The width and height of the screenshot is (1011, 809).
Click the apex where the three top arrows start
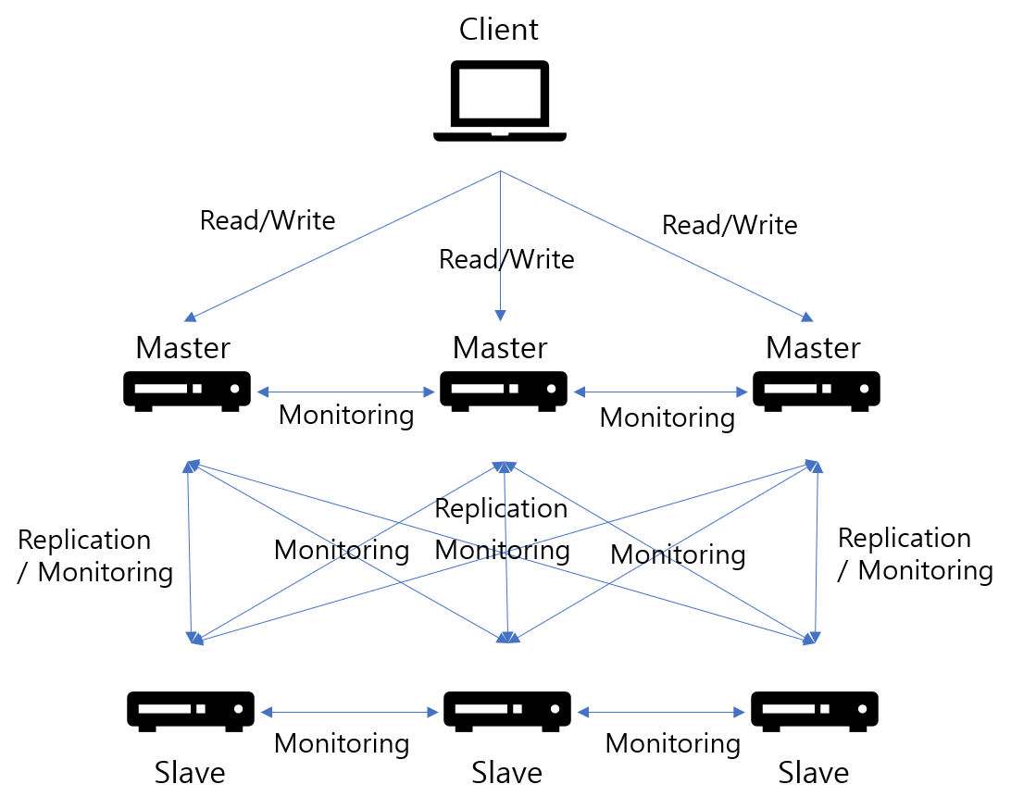pos(501,171)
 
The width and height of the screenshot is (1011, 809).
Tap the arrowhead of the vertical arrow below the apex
pos(501,317)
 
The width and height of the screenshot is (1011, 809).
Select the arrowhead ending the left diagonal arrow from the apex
pos(191,317)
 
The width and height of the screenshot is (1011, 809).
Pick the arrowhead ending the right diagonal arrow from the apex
pos(806,317)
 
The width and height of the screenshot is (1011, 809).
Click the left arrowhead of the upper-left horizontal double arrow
pos(263,392)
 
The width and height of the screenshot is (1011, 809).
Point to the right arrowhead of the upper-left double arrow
pos(429,392)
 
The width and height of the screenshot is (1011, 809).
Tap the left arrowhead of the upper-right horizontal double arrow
pos(580,392)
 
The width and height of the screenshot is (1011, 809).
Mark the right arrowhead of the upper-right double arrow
pos(742,392)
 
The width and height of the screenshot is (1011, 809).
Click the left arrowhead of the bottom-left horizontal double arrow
pos(267,712)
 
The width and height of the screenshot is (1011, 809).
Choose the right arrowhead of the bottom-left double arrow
pos(432,712)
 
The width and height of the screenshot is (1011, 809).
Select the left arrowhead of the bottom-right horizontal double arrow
pos(583,712)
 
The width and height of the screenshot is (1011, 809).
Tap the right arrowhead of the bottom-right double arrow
pos(739,712)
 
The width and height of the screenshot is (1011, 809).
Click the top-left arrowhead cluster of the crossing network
pos(192,466)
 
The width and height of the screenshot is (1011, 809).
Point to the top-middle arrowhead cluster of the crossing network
pos(505,467)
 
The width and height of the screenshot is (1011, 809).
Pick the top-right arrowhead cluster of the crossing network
pos(814,466)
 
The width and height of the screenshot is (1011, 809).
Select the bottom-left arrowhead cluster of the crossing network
pos(195,638)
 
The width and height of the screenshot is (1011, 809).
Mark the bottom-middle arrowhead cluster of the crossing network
pos(507,637)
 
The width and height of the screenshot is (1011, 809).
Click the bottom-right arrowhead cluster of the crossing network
pos(812,638)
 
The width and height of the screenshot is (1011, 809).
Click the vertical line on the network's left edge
pos(189,552)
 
